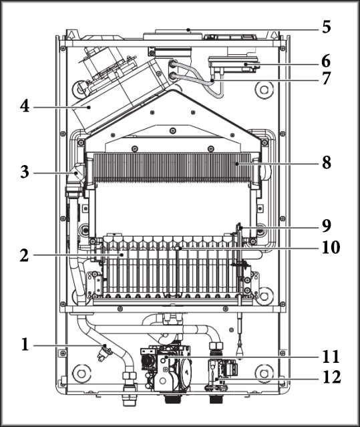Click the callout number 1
pos(25,345)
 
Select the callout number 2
pos(24,256)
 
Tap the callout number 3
pos(25,172)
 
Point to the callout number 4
pos(25,106)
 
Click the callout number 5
pos(327,27)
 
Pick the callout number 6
pos(326,61)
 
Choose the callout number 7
pos(326,78)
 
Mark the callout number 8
pos(327,162)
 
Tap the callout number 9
pos(327,226)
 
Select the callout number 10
pos(331,247)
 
